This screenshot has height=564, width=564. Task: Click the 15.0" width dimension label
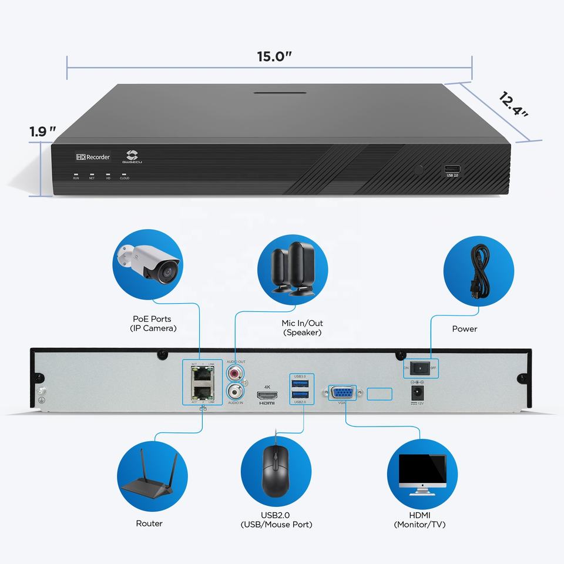pyautogui.click(x=274, y=57)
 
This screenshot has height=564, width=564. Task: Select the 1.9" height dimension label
pyautogui.click(x=43, y=132)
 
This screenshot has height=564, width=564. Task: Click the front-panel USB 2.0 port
pyautogui.click(x=453, y=169)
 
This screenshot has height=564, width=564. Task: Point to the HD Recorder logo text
pyautogui.click(x=93, y=157)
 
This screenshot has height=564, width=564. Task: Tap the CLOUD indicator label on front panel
pyautogui.click(x=124, y=178)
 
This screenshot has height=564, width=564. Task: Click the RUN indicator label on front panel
pyautogui.click(x=76, y=178)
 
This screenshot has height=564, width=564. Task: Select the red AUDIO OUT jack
pyautogui.click(x=236, y=372)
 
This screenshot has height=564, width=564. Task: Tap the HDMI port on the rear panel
pyautogui.click(x=267, y=395)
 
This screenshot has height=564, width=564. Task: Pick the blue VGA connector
pyautogui.click(x=341, y=392)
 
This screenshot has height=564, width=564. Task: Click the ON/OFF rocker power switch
pyautogui.click(x=419, y=368)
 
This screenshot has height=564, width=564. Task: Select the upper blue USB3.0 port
pyautogui.click(x=300, y=382)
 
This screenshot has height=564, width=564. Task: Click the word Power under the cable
pyautogui.click(x=464, y=329)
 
